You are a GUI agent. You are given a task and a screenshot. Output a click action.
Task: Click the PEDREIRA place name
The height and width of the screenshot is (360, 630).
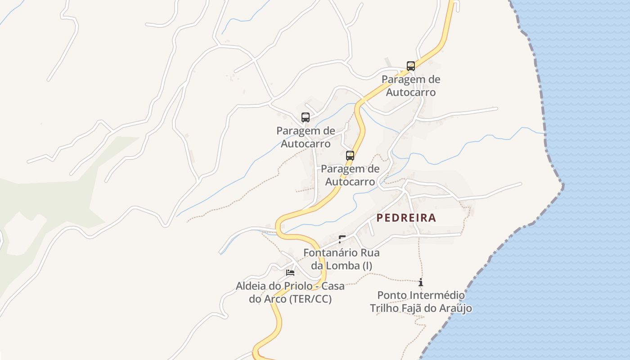406,218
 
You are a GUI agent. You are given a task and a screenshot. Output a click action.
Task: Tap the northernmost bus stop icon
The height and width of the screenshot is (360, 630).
411,66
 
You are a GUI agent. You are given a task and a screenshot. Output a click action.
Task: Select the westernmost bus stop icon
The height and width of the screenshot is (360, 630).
306,117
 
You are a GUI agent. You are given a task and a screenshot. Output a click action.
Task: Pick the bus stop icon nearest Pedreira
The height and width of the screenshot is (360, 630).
350,156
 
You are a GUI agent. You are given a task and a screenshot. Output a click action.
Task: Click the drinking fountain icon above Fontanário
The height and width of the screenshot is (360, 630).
342,239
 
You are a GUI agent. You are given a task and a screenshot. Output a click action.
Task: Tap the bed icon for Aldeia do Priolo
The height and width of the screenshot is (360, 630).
290,273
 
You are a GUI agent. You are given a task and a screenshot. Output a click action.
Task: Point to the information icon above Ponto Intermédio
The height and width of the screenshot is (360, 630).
421,283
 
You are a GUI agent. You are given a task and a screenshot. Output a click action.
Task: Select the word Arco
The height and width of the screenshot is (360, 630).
278,299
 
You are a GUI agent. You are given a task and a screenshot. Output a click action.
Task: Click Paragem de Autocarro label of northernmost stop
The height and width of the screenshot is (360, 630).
411,85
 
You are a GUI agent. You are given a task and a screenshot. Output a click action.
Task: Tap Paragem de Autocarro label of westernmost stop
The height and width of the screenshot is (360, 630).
306,137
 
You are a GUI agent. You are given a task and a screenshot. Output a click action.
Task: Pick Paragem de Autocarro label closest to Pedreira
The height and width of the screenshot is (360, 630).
350,175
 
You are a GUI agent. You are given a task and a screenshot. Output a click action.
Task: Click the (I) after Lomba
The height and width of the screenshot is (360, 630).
367,266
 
